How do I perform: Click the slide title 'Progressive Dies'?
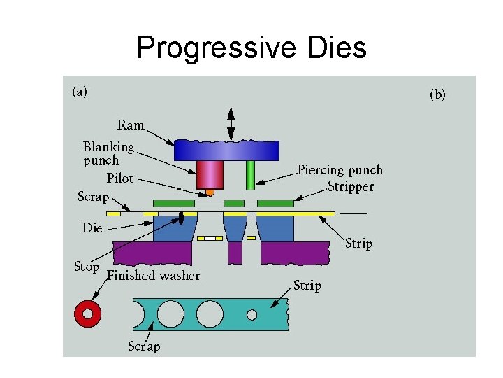pyautogui.click(x=251, y=48)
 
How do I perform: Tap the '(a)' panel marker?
pyautogui.click(x=80, y=92)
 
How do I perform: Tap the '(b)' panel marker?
pyautogui.click(x=437, y=94)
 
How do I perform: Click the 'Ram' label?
pyautogui.click(x=131, y=125)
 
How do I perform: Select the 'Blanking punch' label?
pyautogui.click(x=108, y=153)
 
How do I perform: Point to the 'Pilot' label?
pyautogui.click(x=119, y=178)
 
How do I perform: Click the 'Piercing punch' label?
pyautogui.click(x=340, y=169)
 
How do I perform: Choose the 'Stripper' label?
pyautogui.click(x=350, y=187)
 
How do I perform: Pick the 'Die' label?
pyautogui.click(x=92, y=227)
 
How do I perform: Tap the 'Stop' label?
pyautogui.click(x=87, y=267)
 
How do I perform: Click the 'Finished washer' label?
pyautogui.click(x=154, y=276)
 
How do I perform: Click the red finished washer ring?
pyautogui.click(x=88, y=314)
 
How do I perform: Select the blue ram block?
pyautogui.click(x=226, y=150)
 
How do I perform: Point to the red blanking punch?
pyautogui.click(x=209, y=174)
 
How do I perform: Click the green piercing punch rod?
pyautogui.click(x=250, y=175)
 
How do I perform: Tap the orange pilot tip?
pyautogui.click(x=210, y=192)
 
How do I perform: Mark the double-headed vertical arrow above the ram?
pyautogui.click(x=231, y=124)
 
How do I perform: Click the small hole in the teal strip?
pyautogui.click(x=252, y=315)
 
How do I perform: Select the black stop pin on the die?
pyautogui.click(x=182, y=218)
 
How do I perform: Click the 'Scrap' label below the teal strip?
pyautogui.click(x=144, y=346)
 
